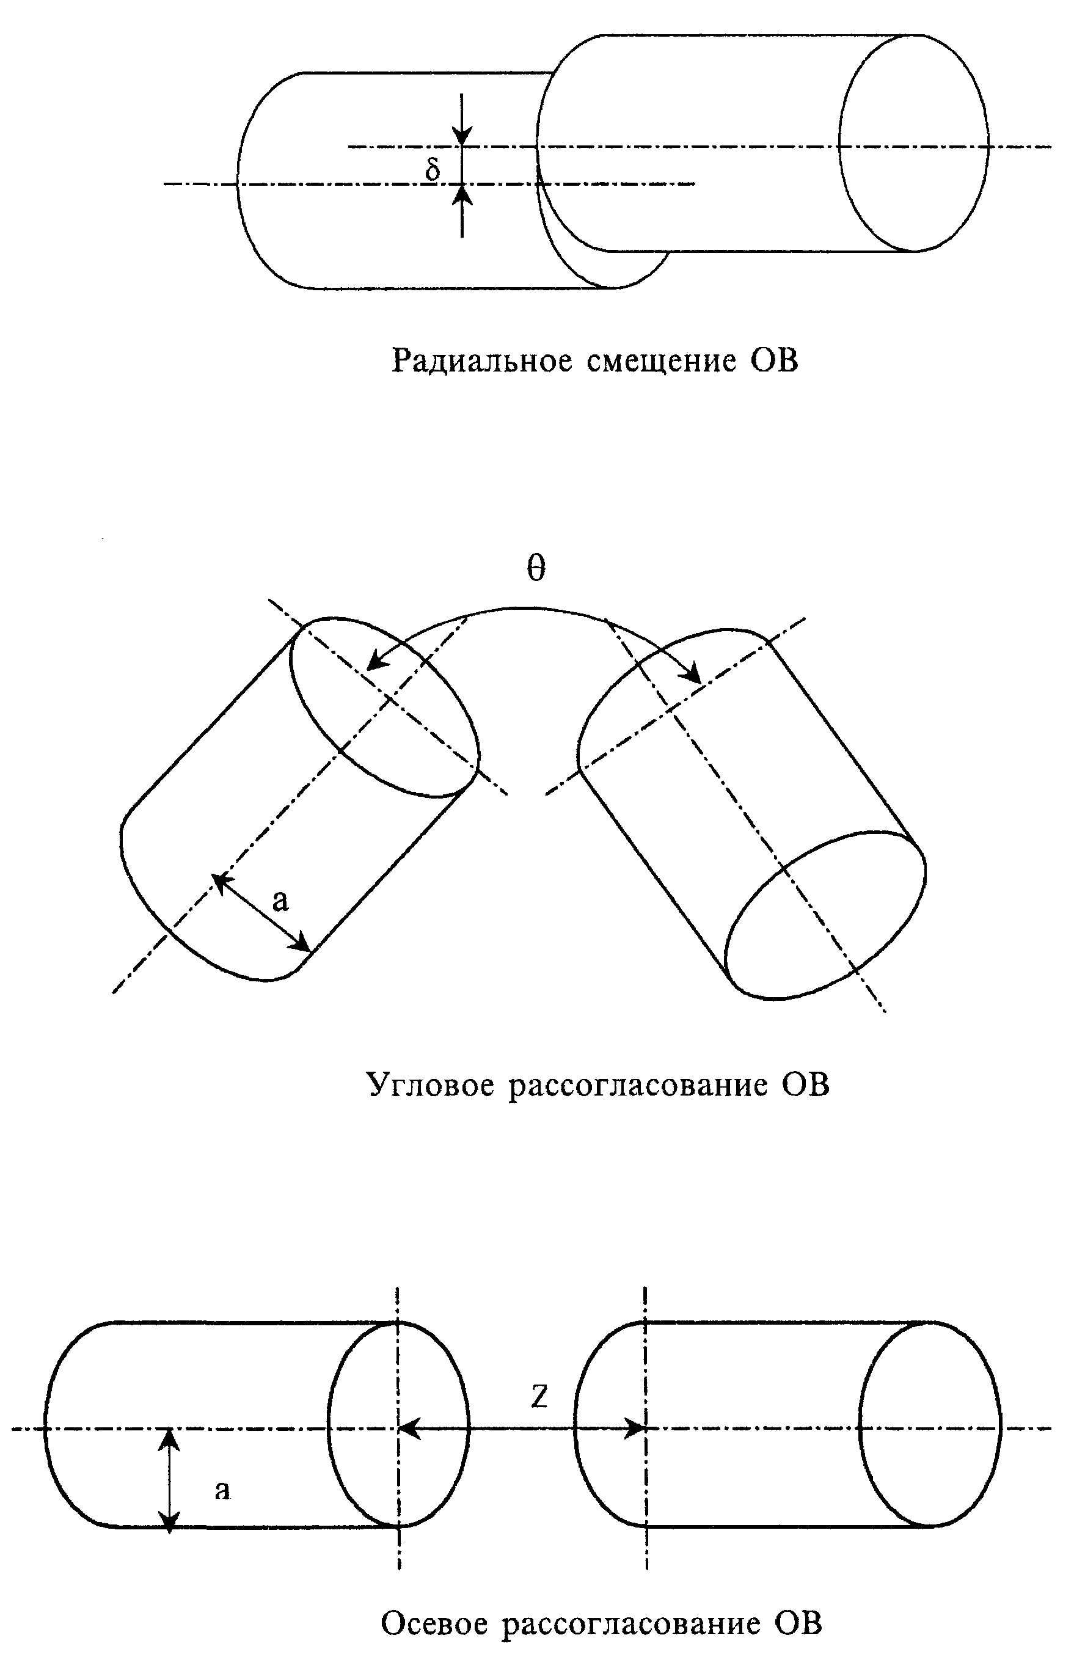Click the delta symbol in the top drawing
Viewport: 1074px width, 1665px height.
click(x=433, y=169)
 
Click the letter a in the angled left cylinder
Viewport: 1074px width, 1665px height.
click(x=280, y=902)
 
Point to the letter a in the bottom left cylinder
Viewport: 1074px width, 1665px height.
click(x=222, y=1491)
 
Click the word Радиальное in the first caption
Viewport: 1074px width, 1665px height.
click(x=482, y=361)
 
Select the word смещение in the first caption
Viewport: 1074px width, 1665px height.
click(x=662, y=361)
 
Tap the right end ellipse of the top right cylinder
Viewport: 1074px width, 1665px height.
click(x=913, y=143)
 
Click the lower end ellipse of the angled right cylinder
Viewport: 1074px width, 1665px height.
click(x=826, y=915)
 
